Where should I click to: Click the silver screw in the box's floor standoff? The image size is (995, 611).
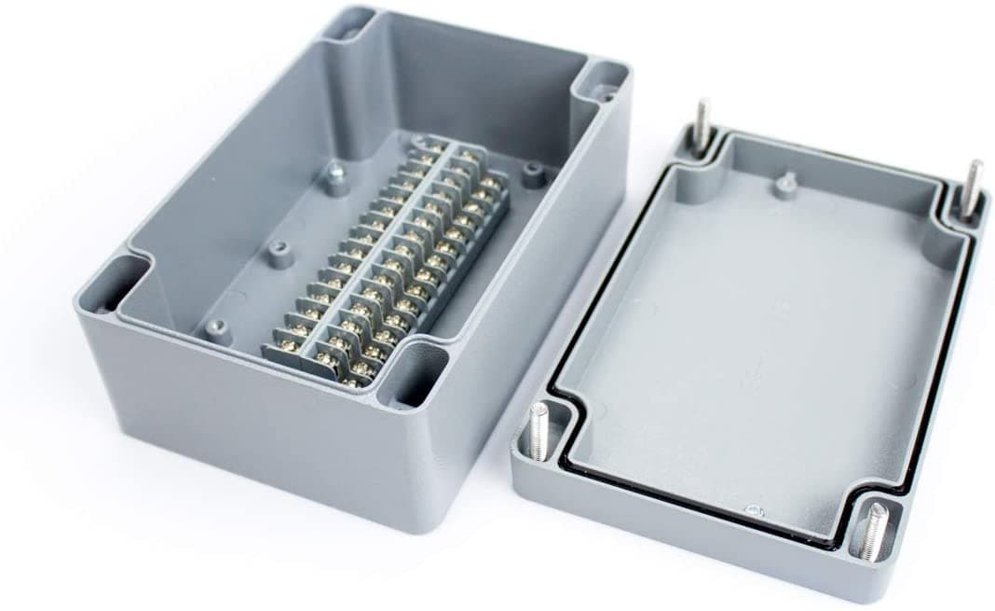(x=334, y=172)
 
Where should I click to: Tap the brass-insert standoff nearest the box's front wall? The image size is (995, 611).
(x=216, y=326)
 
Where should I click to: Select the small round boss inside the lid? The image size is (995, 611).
(x=786, y=184)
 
